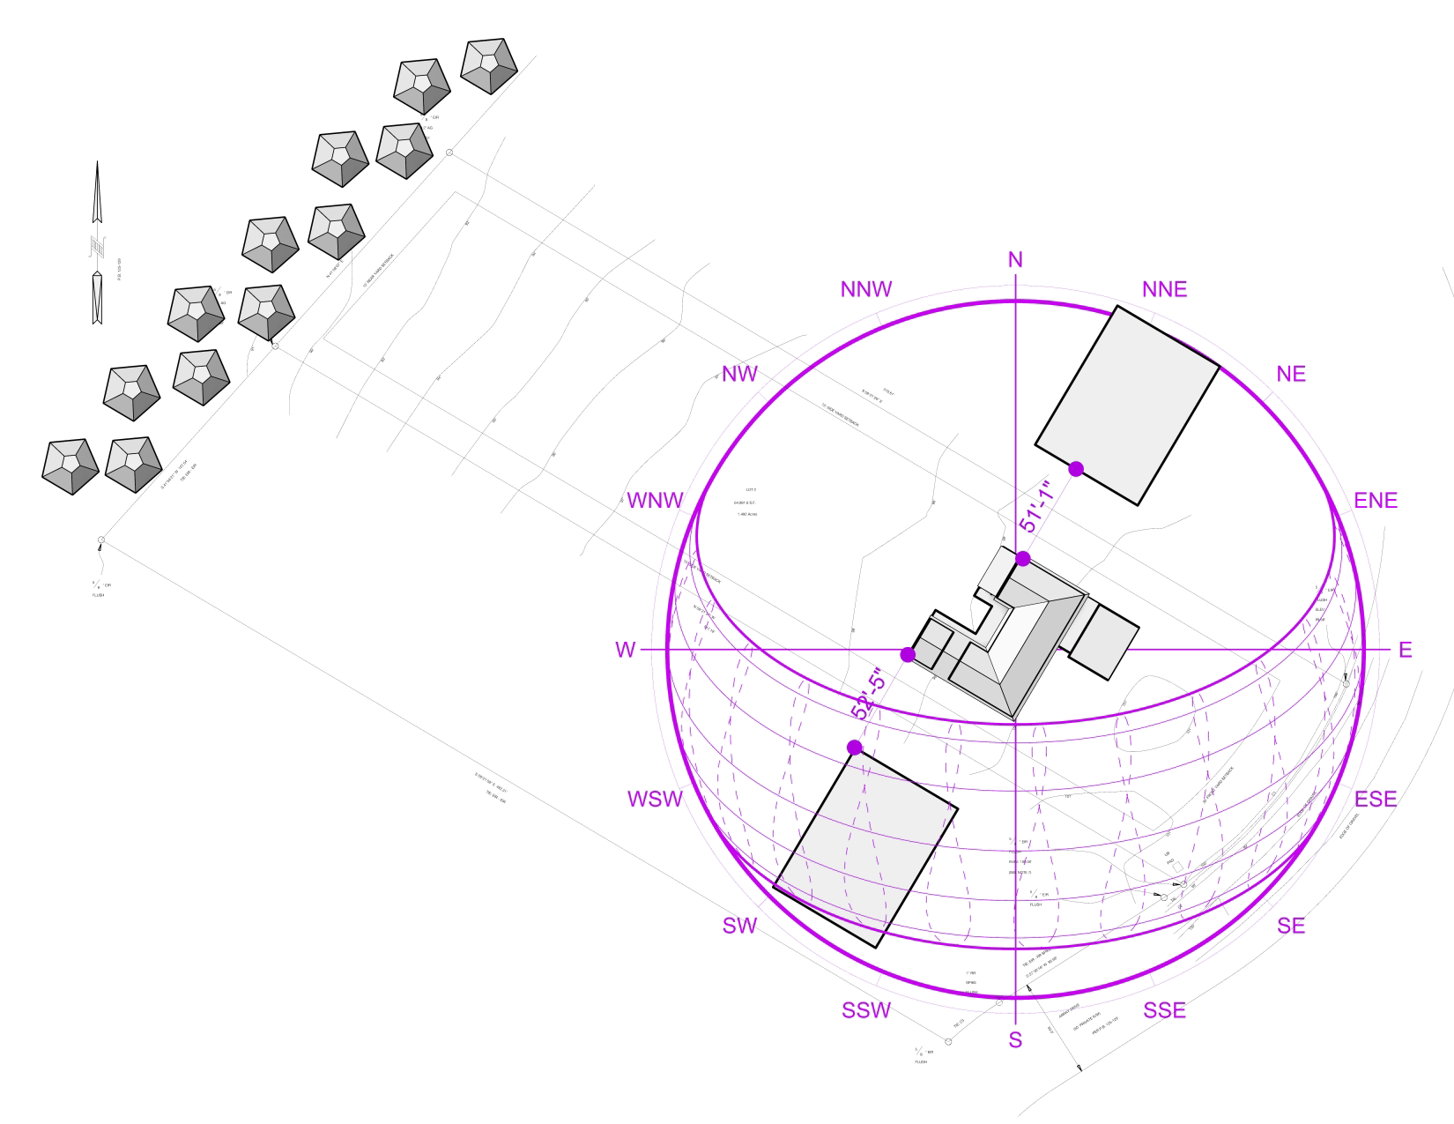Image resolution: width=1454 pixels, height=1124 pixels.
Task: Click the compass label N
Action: [x=1015, y=259]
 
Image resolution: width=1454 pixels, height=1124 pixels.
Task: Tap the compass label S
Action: [x=1015, y=1040]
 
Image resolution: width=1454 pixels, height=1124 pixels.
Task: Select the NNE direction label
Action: [x=1164, y=290]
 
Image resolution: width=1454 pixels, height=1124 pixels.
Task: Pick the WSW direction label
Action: [x=655, y=800]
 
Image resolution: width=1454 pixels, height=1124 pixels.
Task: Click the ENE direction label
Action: [x=1376, y=501]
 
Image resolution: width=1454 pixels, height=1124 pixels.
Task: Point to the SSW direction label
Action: [x=866, y=1011]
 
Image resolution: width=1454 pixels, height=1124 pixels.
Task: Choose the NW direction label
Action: [x=739, y=375]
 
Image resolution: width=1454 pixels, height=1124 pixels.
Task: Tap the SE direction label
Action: [x=1290, y=926]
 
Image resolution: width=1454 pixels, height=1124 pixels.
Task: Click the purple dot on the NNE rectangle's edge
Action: [x=1076, y=469]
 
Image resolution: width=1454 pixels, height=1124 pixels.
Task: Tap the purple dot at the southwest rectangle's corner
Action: [x=854, y=748]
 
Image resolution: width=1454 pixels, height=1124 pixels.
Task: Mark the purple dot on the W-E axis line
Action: [x=908, y=654]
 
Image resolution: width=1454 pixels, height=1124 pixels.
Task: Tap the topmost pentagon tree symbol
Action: [x=489, y=65]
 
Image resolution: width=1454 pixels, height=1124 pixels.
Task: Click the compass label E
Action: [x=1405, y=651]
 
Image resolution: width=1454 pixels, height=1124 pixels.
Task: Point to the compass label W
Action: [x=625, y=651]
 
